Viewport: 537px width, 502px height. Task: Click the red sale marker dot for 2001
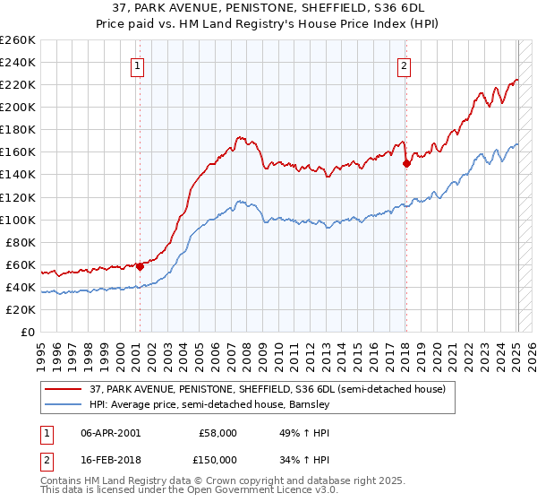point(141,266)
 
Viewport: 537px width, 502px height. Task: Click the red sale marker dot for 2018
point(406,163)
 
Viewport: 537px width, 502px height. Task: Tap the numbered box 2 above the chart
point(405,65)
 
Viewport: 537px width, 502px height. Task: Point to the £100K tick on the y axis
point(19,220)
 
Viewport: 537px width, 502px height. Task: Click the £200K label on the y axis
point(19,107)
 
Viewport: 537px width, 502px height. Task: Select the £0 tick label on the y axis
point(27,333)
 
